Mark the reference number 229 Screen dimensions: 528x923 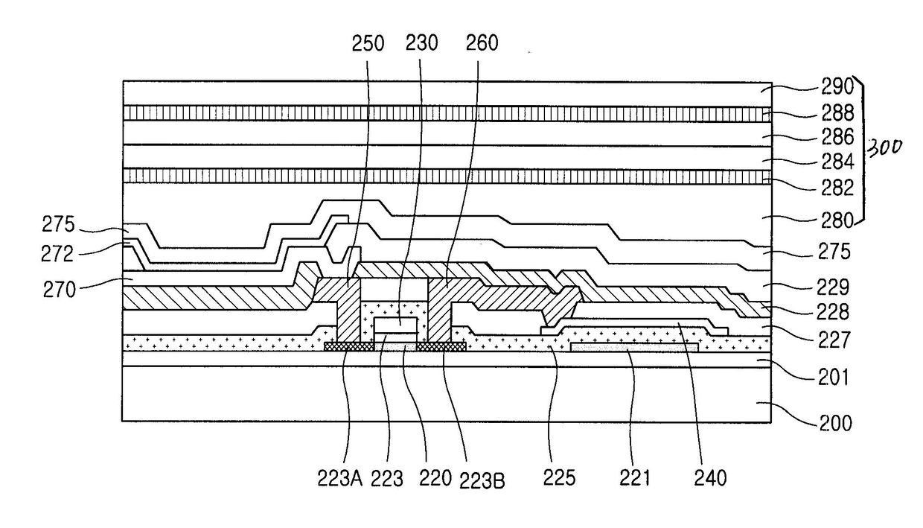pos(832,287)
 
